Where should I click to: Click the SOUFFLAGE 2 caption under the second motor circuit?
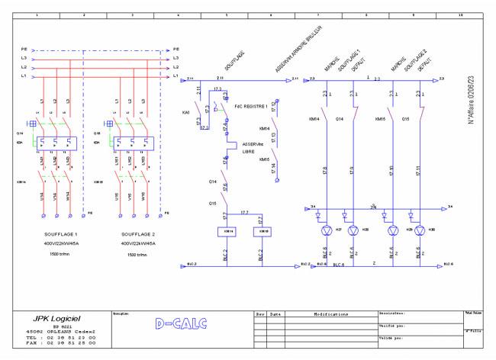tap(137, 236)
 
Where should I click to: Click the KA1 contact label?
tap(186, 111)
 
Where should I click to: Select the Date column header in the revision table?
tap(275, 313)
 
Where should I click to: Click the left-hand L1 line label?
tap(24, 76)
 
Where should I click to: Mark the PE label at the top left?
tap(24, 49)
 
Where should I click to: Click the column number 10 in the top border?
tap(459, 14)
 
